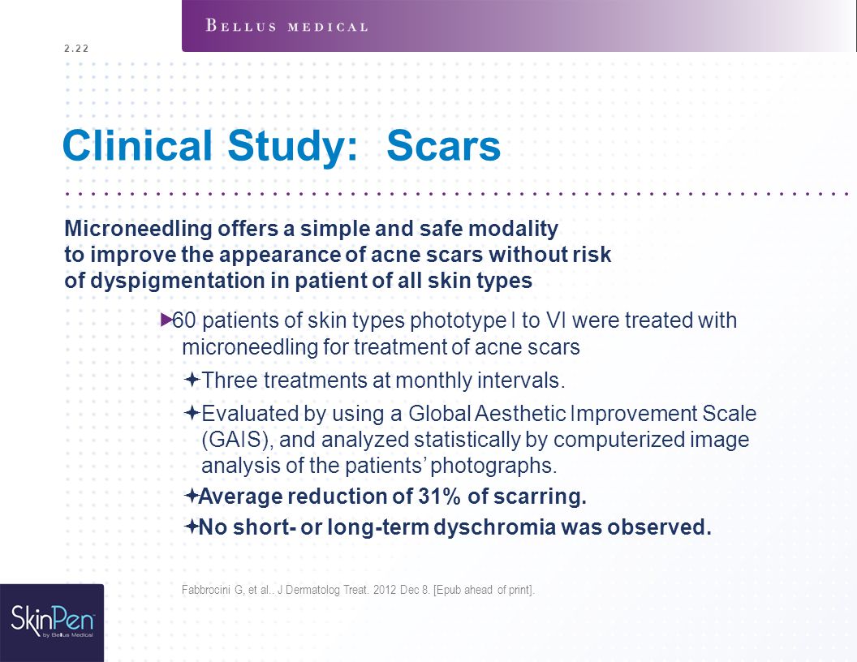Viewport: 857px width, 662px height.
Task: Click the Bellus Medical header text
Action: (x=286, y=26)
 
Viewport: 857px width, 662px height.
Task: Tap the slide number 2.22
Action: (x=76, y=48)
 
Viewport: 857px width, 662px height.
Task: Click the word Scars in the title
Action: (x=443, y=145)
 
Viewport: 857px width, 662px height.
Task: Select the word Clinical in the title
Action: (x=137, y=145)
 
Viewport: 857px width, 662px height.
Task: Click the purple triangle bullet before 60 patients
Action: (x=166, y=320)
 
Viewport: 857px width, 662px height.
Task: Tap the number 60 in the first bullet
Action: (x=184, y=320)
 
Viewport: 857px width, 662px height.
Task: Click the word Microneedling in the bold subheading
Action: (x=138, y=228)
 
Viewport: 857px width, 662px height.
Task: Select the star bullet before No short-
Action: (x=192, y=527)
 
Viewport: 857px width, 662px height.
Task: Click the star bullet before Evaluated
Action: (x=192, y=412)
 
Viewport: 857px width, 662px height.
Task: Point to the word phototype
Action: (x=459, y=320)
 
